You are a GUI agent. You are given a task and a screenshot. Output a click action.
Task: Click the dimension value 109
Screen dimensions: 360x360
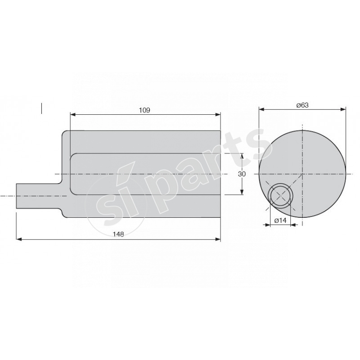144,110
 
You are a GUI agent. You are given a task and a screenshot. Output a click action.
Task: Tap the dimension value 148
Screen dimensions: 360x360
118,234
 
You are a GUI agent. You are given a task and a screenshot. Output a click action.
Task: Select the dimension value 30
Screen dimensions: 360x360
242,174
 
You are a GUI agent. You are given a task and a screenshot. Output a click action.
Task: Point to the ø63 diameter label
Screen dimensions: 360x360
302,105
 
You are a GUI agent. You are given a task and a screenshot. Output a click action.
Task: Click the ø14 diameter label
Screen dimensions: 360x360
280,220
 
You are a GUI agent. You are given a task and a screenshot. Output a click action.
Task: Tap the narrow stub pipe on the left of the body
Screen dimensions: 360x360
39,196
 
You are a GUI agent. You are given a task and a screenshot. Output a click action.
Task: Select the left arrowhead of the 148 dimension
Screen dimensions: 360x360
19,239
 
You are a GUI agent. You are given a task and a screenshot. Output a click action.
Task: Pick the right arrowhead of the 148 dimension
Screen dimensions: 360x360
218,239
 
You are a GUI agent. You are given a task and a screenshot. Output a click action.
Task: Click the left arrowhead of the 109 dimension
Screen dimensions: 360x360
73,114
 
